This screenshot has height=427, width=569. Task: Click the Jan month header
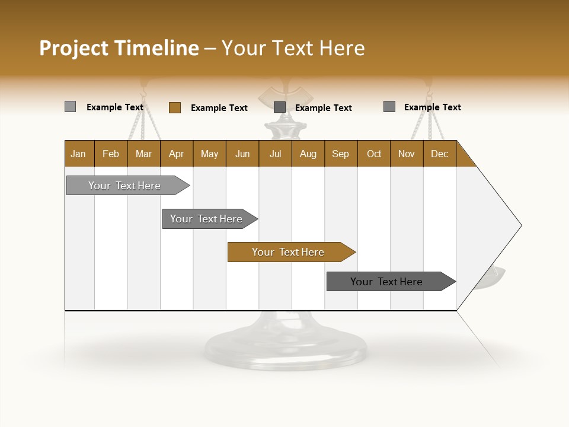click(79, 154)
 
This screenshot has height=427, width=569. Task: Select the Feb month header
click(111, 154)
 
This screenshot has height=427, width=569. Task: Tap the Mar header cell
click(143, 154)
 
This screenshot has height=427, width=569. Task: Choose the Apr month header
click(177, 154)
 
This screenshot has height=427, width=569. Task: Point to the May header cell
click(209, 154)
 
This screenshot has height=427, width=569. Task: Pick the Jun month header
click(242, 154)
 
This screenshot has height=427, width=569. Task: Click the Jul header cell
click(275, 154)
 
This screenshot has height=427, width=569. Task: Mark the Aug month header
click(308, 154)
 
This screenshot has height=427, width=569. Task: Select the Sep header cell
click(341, 154)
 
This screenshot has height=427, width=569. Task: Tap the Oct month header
click(374, 154)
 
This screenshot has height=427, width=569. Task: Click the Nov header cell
click(407, 154)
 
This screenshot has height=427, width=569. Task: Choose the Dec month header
click(440, 154)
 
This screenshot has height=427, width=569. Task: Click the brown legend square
click(175, 107)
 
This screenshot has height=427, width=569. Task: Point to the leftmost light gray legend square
click(70, 107)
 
